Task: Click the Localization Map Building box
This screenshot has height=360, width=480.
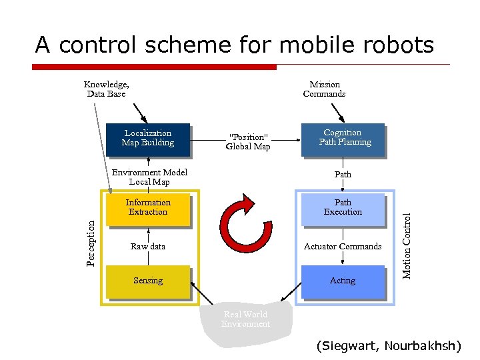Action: click(148, 138)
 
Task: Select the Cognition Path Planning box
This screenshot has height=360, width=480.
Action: click(343, 138)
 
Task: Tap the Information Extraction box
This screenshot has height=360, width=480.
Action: click(148, 207)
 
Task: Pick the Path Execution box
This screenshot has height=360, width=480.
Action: click(343, 207)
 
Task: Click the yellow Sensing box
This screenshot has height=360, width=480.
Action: click(148, 281)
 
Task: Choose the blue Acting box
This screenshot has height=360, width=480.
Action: click(343, 281)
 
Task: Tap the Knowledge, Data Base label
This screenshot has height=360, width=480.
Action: click(107, 89)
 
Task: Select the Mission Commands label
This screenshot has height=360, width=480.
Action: click(324, 89)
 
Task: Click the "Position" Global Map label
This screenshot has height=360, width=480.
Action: click(248, 142)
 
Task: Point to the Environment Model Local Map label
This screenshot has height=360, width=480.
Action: click(149, 177)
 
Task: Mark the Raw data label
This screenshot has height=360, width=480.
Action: click(148, 246)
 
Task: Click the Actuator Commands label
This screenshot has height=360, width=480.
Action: click(343, 246)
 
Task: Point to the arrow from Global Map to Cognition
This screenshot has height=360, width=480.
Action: click(287, 141)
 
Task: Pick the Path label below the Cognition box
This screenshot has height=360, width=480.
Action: click(343, 175)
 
